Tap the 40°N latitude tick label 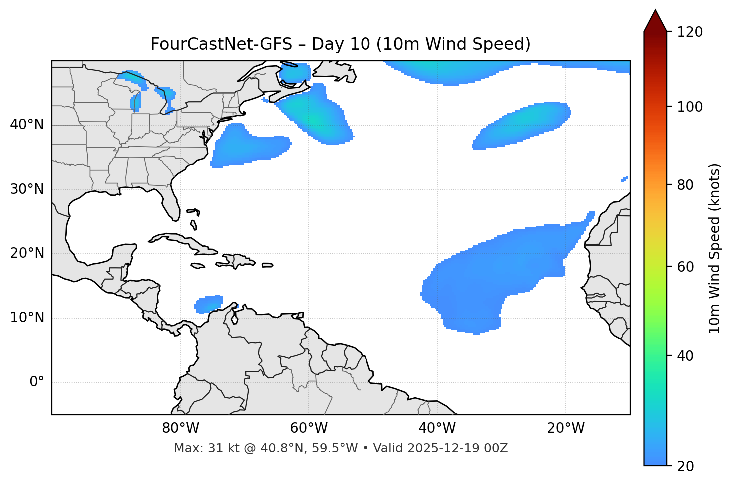[x=27, y=125]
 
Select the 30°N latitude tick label [x=27, y=189]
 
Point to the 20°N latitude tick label [x=27, y=253]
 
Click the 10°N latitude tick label [x=27, y=318]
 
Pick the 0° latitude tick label [x=37, y=382]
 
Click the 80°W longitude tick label [x=180, y=428]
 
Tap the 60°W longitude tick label [x=309, y=428]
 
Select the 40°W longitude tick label [x=437, y=428]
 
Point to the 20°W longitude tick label [x=565, y=428]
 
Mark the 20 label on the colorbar [x=686, y=466]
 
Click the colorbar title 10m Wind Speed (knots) [x=715, y=248]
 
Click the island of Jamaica [x=198, y=266]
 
